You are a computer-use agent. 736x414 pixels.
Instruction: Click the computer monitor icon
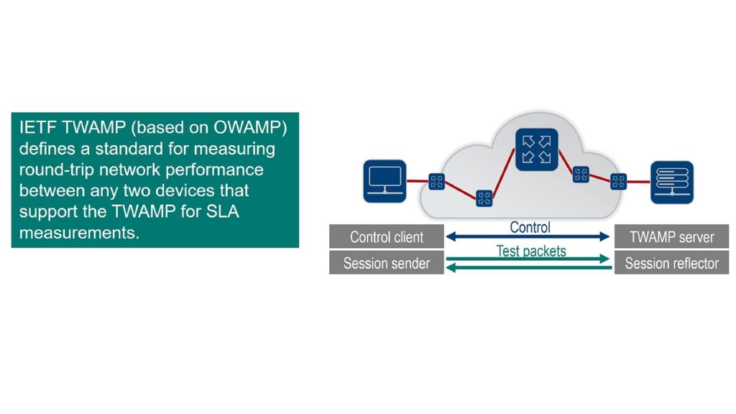click(x=385, y=180)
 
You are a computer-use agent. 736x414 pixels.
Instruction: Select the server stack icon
click(x=673, y=181)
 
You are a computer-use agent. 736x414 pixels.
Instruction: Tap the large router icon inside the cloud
click(x=536, y=149)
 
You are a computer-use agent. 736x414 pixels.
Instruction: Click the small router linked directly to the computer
click(x=436, y=181)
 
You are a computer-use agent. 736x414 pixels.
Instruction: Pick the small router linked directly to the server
click(x=618, y=181)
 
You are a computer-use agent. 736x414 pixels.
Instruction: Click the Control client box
click(x=387, y=236)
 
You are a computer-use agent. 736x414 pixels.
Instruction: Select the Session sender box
click(x=387, y=263)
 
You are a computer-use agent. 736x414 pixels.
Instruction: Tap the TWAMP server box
click(x=671, y=236)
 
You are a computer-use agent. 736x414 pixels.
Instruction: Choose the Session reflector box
click(x=671, y=263)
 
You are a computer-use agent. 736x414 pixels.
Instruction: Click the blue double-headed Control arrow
click(x=528, y=236)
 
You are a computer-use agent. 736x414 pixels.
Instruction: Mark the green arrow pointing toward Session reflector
click(x=528, y=259)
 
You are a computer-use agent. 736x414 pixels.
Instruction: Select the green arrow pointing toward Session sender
click(x=528, y=269)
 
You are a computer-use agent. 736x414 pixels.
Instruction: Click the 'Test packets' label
click(x=531, y=251)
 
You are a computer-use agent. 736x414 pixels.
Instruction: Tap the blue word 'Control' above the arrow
click(x=530, y=227)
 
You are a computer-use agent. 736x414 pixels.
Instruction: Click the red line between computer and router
click(x=418, y=181)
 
